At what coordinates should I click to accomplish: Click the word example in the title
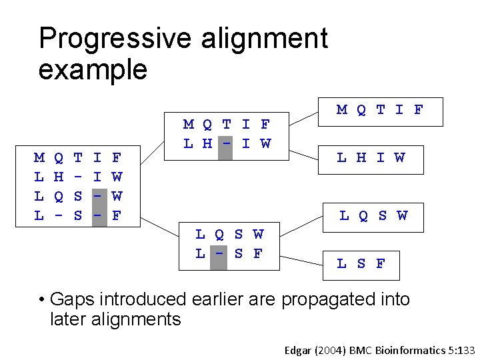point(93,69)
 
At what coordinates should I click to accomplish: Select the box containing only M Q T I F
point(380,110)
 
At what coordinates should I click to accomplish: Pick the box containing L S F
point(361,263)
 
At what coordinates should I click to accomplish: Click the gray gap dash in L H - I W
point(227,144)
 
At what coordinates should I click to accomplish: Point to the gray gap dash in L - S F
point(219,254)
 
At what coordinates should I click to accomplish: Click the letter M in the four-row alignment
point(39,158)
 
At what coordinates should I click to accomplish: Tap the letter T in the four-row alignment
point(78,158)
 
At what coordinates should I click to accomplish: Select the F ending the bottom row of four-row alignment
point(117,216)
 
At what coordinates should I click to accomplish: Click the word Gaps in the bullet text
point(70,300)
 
